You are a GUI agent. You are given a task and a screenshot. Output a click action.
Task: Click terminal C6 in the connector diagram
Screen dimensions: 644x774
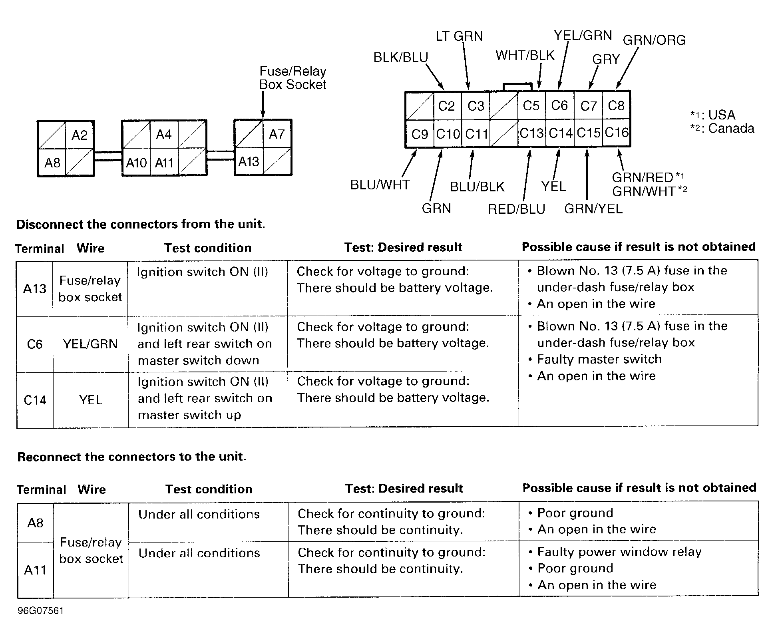point(559,105)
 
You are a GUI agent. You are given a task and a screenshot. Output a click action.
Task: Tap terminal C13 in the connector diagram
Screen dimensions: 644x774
point(531,133)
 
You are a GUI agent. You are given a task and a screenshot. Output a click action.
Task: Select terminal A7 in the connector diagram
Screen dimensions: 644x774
point(277,134)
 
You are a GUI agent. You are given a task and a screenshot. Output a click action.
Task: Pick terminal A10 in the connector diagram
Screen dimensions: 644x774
point(136,163)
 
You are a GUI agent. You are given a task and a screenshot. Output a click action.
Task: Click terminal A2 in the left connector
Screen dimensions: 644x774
point(80,135)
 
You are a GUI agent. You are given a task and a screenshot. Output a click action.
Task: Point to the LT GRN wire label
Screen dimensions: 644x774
point(459,36)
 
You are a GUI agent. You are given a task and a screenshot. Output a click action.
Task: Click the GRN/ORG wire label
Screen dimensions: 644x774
point(654,40)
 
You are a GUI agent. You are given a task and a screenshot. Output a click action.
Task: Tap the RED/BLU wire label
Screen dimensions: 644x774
point(517,209)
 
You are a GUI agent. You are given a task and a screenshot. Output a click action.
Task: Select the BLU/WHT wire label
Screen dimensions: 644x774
point(380,185)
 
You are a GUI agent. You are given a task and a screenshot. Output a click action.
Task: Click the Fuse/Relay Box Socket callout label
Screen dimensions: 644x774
point(293,78)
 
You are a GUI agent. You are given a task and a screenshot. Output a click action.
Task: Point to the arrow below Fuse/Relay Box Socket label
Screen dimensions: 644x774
point(263,105)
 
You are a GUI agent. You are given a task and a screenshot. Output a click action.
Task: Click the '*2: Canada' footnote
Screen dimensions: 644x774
point(722,129)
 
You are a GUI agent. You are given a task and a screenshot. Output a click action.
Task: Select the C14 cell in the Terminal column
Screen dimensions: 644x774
point(35,400)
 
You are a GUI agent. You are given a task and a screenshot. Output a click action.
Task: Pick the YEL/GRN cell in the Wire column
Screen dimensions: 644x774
point(90,344)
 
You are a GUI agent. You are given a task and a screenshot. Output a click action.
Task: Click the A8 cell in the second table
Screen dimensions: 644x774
point(35,523)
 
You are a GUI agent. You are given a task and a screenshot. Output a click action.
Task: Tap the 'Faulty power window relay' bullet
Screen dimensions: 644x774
point(619,552)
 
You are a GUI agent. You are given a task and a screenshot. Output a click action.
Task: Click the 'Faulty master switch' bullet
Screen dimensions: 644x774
point(599,359)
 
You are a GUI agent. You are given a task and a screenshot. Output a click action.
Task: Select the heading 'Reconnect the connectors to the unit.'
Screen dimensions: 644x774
point(132,457)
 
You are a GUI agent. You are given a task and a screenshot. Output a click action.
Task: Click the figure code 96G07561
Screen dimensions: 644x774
point(40,611)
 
